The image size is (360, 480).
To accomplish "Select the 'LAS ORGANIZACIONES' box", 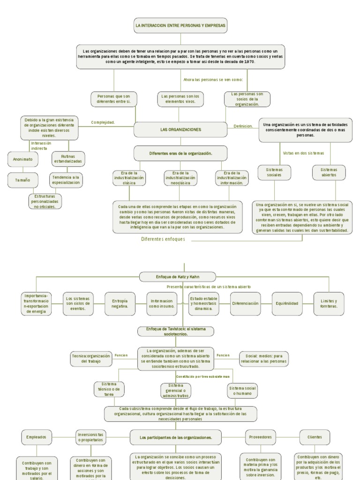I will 180,129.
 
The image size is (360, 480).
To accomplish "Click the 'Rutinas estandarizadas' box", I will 68,158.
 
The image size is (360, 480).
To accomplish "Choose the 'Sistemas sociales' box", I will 274,172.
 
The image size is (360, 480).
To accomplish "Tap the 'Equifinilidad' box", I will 286,303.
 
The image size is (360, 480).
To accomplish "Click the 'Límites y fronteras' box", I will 329,303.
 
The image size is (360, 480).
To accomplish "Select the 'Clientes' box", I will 315,437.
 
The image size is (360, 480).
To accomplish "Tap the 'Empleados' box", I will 37,437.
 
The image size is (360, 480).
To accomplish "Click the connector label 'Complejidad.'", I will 103,123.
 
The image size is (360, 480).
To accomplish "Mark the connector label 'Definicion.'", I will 243,126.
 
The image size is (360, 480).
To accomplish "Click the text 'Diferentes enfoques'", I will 163,239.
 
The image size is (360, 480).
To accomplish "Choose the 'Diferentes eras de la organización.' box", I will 180,153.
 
